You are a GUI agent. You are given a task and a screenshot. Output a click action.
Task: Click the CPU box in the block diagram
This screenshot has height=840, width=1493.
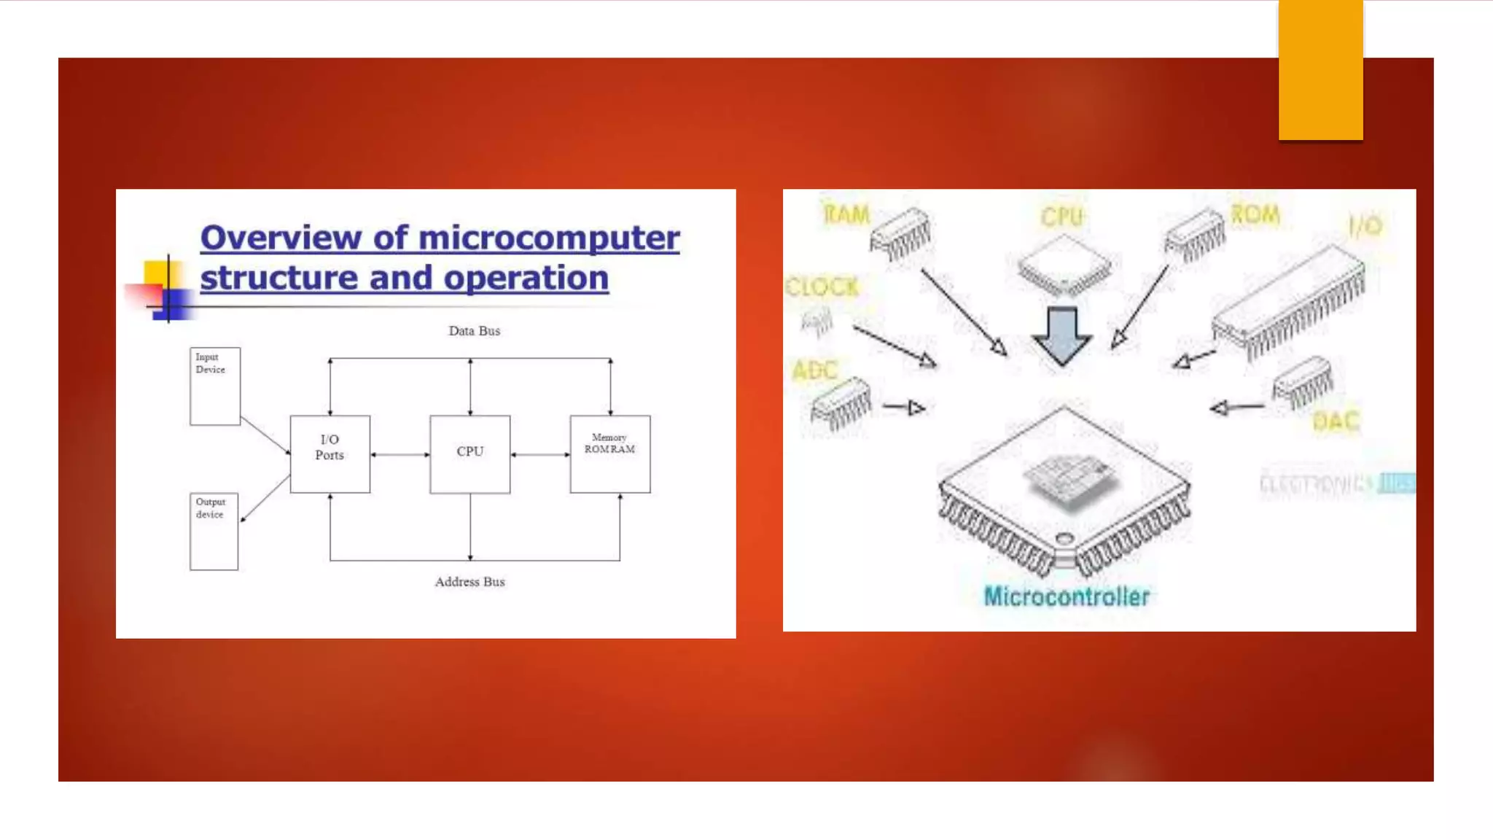pos(469,454)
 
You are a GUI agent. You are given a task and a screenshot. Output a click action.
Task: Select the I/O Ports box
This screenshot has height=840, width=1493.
pos(330,454)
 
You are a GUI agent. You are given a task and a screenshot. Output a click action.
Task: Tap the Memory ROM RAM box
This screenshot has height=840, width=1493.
pos(610,454)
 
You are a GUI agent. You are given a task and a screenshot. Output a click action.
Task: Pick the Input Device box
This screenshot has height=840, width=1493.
pos(214,386)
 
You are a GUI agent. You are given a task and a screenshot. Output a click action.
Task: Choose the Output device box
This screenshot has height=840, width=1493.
pos(214,531)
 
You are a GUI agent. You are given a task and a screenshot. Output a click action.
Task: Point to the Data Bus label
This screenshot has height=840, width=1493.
pos(474,331)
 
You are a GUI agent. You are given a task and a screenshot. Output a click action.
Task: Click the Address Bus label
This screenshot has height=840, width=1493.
pos(469,582)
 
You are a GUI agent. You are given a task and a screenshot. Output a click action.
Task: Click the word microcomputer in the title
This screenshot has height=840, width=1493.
pos(548,238)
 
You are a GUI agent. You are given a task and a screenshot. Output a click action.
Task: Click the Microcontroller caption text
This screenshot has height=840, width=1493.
pos(1067,596)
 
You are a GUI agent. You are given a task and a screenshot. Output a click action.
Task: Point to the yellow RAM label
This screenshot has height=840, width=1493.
pos(846,214)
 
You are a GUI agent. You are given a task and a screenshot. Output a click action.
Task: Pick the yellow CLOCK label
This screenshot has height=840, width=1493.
pos(822,287)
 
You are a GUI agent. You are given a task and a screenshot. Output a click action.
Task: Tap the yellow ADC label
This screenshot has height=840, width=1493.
pos(815,370)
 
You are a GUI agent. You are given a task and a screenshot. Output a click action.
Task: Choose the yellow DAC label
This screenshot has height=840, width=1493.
pos(1336,421)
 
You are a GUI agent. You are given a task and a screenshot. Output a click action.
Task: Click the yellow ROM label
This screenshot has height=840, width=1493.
pos(1255,214)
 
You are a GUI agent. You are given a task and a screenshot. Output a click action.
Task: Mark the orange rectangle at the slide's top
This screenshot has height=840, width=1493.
pos(1320,70)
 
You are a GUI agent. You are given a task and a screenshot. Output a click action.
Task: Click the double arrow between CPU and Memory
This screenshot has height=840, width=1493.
pos(539,455)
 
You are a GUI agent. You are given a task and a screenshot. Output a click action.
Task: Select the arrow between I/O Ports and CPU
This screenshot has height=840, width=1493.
pos(399,455)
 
